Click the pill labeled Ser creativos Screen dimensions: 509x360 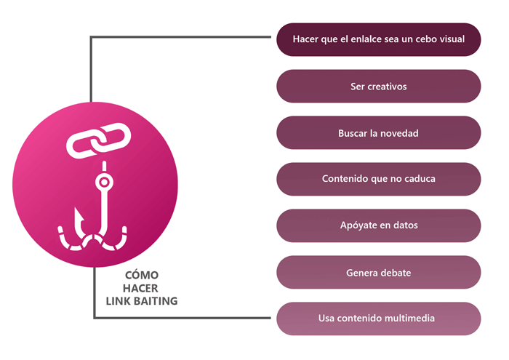coord(379,87)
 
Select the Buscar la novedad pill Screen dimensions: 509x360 coord(379,133)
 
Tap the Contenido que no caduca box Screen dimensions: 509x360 coord(379,179)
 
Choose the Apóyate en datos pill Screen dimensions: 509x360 coord(379,225)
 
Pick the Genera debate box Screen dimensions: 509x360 coord(379,272)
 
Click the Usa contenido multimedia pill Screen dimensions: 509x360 coord(379,319)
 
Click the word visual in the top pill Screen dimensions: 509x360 coord(452,39)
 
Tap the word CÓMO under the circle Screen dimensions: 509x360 coord(142,275)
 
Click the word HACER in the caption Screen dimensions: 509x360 coord(140,288)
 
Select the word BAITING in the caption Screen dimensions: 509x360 coord(156,301)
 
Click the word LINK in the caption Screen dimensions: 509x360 coord(118,301)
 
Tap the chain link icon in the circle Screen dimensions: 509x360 coord(98,140)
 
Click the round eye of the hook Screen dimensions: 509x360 coord(104,182)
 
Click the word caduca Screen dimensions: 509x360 coord(420,178)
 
